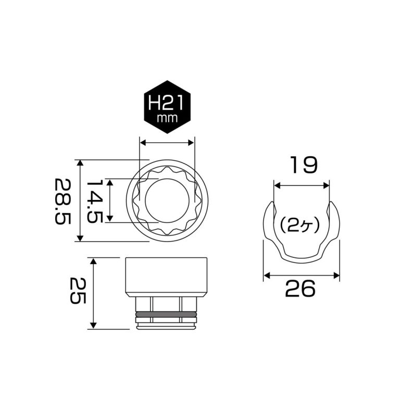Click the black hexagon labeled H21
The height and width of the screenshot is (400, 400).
pos(167,107)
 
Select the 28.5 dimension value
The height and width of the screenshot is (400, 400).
pos(63,201)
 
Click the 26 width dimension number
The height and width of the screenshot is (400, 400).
pos(301,288)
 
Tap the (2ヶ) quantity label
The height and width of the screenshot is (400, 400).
pos(302,226)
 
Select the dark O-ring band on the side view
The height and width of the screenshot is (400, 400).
pos(166,315)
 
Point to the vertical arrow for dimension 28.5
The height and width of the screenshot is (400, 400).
pos(80,201)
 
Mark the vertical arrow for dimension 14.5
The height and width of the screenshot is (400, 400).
pos(110,201)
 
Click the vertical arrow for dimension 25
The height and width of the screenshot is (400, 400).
pos(93,293)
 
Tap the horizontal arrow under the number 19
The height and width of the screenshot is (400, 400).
pos(302,185)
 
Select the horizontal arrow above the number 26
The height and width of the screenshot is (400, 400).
pos(302,274)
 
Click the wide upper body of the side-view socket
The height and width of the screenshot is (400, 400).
pos(166,276)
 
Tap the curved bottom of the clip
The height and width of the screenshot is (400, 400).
pos(302,256)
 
